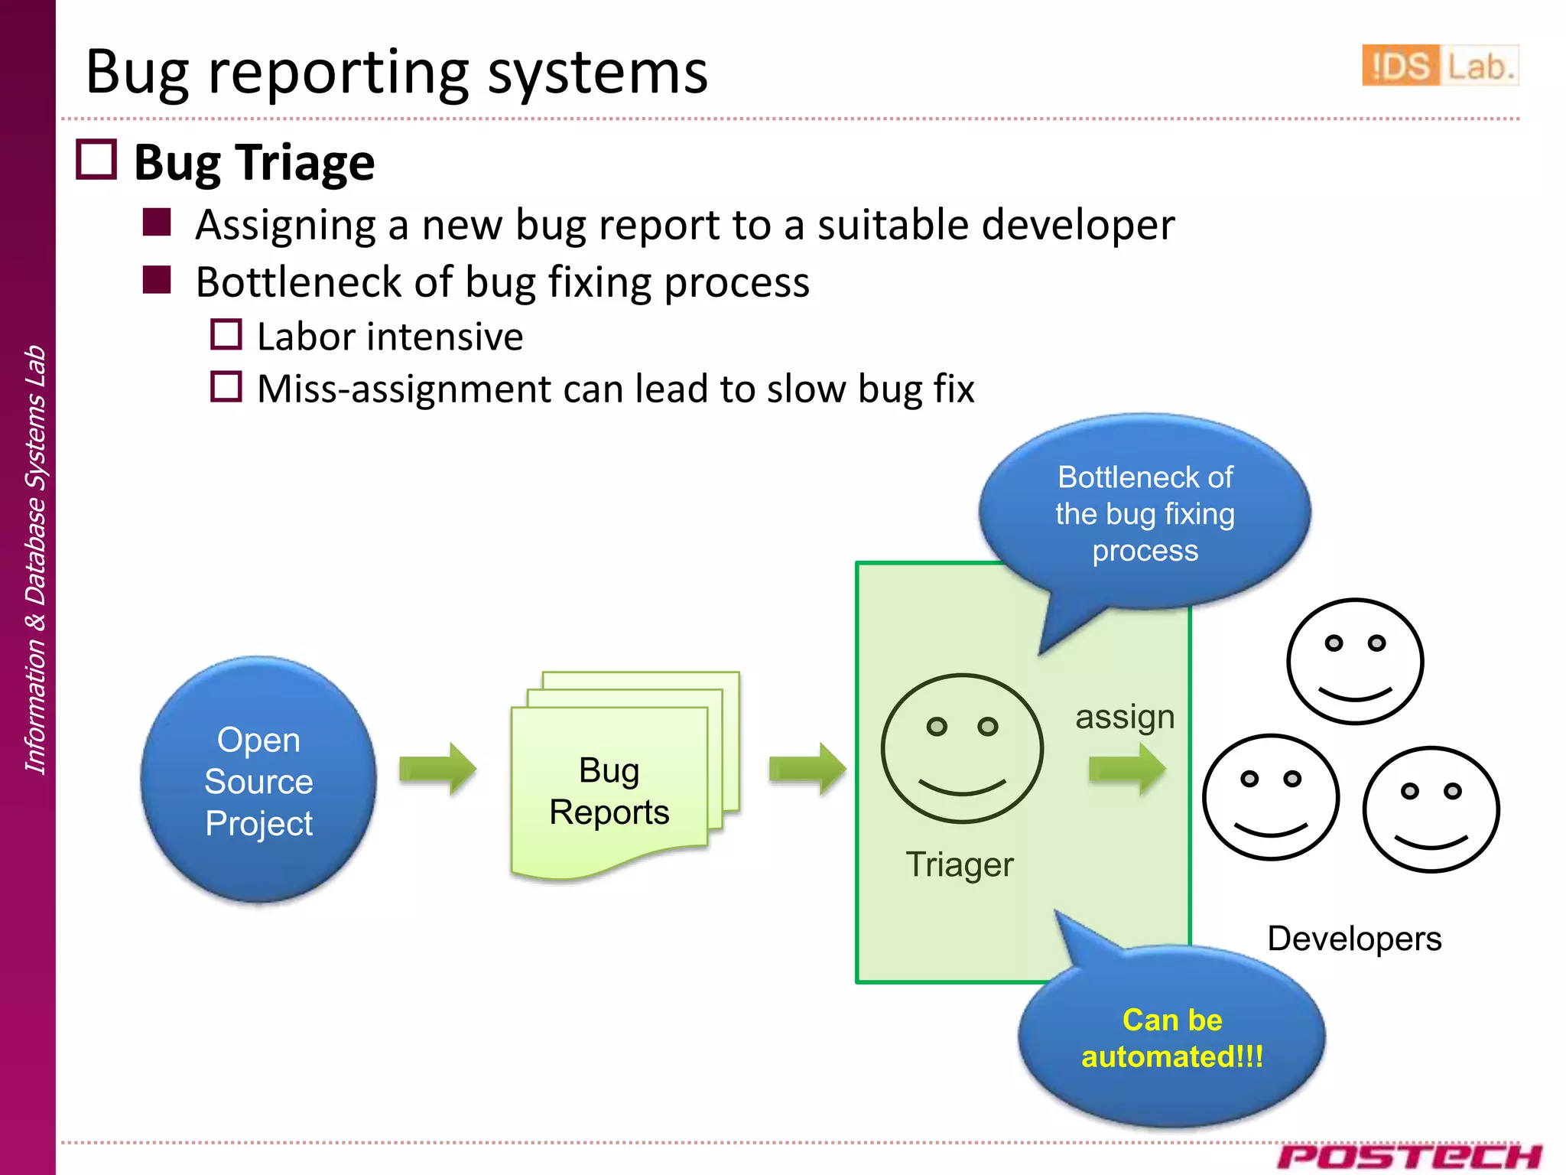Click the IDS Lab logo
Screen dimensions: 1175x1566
click(1439, 66)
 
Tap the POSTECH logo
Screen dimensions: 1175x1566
click(1408, 1156)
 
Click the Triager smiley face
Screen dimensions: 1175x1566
click(962, 748)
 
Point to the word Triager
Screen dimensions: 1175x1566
click(959, 865)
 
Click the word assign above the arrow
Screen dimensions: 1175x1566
click(1124, 718)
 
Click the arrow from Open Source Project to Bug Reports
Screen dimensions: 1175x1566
click(437, 768)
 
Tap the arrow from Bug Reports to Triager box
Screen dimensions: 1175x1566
click(807, 768)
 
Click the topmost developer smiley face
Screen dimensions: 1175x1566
click(1354, 662)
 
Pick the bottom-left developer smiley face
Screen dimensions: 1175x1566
click(1270, 797)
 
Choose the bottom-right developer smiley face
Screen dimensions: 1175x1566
click(1431, 809)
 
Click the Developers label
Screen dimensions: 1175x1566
click(1353, 939)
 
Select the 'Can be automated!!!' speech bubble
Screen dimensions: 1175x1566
click(1171, 1038)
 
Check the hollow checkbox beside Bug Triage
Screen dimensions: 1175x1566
click(96, 160)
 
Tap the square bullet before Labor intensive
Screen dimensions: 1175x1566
click(226, 335)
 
